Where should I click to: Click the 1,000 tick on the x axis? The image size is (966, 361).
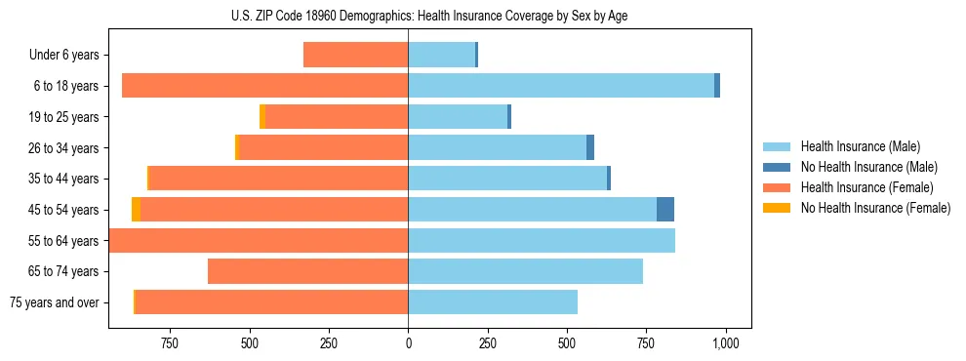coord(725,343)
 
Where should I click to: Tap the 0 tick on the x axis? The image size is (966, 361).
coord(408,343)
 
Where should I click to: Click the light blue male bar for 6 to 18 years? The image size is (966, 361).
coord(561,86)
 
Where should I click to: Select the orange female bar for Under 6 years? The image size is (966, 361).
coord(355,55)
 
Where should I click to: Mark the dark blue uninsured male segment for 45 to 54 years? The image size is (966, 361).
coord(664,209)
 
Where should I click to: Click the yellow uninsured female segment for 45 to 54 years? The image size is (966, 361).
coord(136,209)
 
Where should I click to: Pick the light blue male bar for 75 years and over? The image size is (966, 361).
coord(493,301)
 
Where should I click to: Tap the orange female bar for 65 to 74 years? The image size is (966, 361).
coord(307,271)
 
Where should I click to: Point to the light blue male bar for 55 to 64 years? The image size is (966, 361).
coord(542,240)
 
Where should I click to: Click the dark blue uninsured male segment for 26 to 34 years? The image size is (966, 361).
coord(590,147)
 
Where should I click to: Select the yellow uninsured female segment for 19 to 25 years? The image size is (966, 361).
coord(262,116)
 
